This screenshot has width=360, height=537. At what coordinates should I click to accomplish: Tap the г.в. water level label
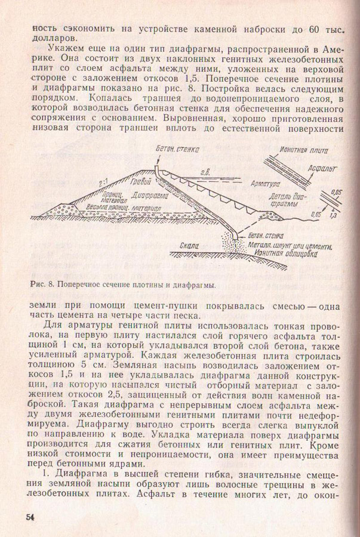(205, 172)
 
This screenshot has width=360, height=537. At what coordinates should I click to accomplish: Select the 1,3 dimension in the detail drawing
(333, 215)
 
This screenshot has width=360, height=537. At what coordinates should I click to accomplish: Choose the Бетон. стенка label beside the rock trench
(266, 236)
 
